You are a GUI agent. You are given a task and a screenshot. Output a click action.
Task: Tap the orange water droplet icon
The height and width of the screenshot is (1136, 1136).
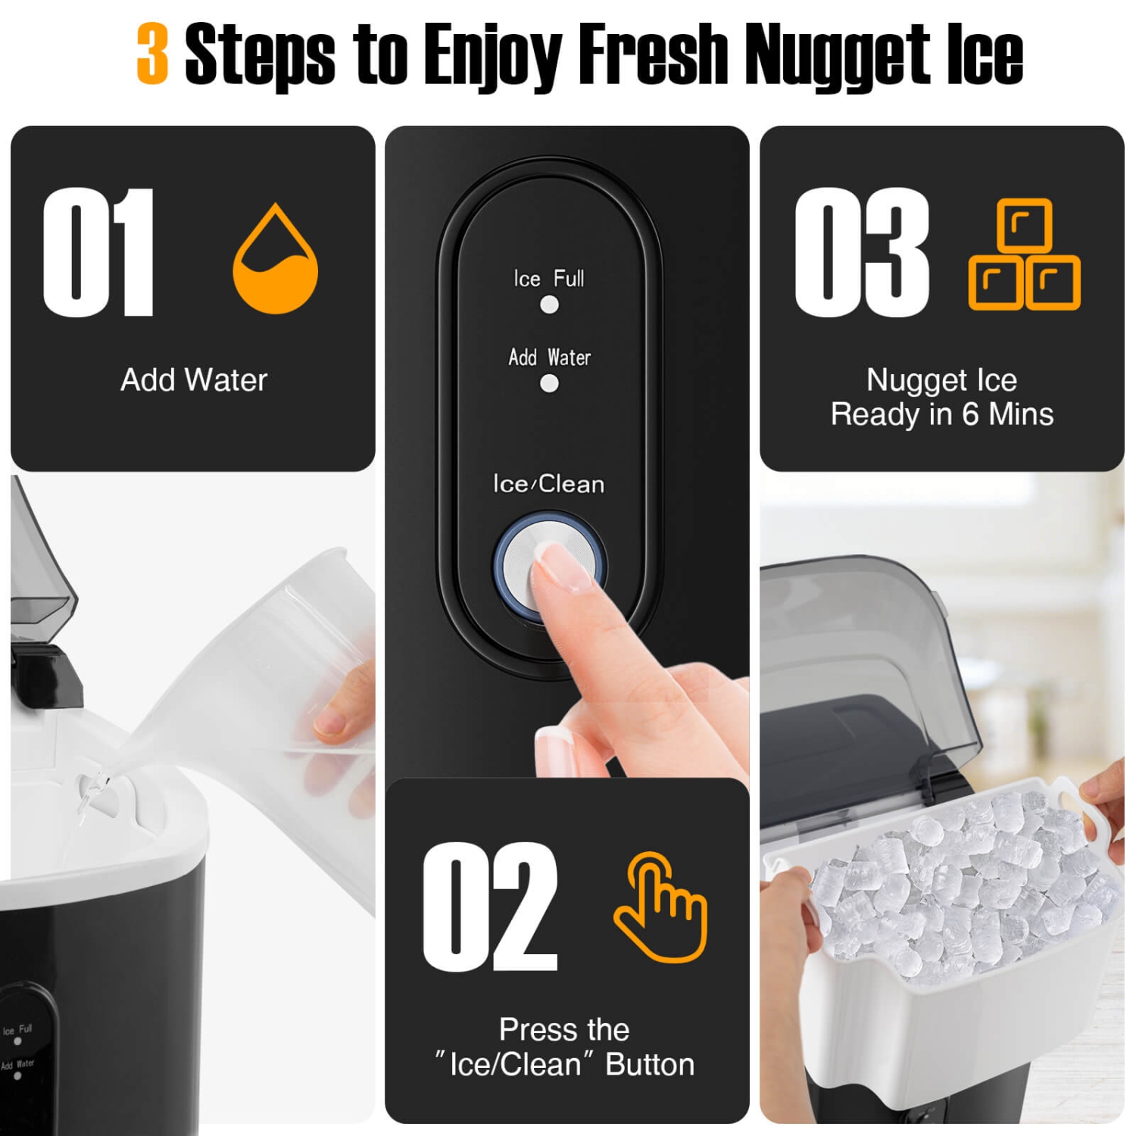click(x=275, y=261)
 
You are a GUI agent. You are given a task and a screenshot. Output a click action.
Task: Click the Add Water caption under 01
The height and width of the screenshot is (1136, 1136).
click(x=194, y=379)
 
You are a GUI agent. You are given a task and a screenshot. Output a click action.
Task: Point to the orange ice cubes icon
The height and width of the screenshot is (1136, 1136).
click(x=1024, y=254)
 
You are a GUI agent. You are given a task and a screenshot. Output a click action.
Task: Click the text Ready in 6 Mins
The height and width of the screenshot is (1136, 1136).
click(x=942, y=414)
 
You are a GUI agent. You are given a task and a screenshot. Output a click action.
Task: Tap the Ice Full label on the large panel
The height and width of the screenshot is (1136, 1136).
click(x=549, y=279)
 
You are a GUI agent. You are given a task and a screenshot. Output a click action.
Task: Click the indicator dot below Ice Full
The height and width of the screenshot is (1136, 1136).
click(x=549, y=304)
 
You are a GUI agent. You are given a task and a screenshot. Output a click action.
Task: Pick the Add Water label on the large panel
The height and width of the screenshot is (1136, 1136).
click(x=549, y=357)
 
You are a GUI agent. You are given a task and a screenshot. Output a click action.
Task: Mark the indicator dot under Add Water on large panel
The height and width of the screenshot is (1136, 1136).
click(x=549, y=384)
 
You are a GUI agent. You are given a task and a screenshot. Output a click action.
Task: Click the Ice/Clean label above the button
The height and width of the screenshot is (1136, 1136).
click(x=548, y=483)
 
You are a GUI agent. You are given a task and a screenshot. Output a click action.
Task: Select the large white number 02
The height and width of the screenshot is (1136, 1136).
click(x=490, y=907)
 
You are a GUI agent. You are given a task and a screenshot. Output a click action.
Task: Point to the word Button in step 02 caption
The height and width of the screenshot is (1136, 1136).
click(x=650, y=1064)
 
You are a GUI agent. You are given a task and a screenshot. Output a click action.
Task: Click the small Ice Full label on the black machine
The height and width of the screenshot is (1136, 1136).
click(x=17, y=1030)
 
